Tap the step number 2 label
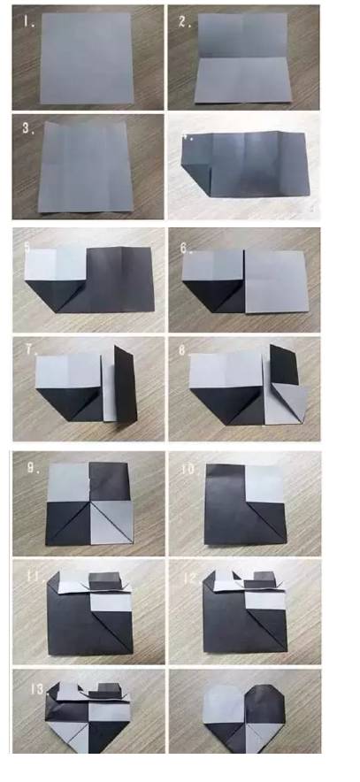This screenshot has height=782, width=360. (x=186, y=22)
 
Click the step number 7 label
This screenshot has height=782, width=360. (x=31, y=350)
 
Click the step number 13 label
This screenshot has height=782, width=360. (x=32, y=689)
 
